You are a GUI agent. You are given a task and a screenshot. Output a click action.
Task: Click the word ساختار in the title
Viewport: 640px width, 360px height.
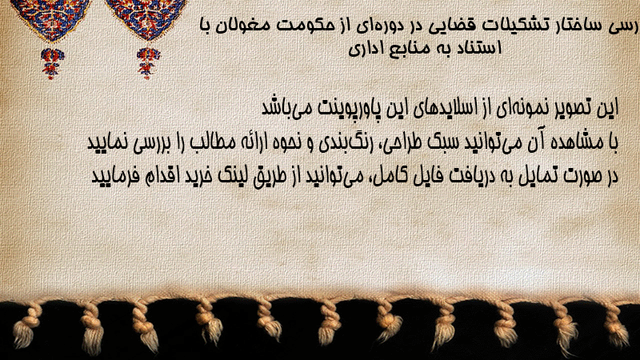point(571,25)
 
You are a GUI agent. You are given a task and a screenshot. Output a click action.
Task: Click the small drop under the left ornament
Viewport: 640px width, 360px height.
point(51,63)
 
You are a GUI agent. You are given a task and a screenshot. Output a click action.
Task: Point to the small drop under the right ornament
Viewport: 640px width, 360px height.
point(148,63)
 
